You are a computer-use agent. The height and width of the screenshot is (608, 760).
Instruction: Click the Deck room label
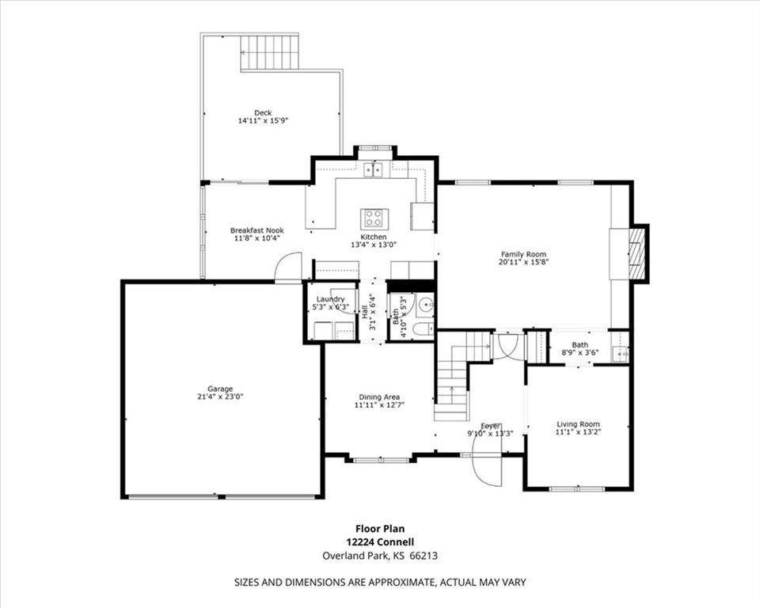coord(263,112)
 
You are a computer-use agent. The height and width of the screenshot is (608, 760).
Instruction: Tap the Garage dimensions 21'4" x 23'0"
coord(220,396)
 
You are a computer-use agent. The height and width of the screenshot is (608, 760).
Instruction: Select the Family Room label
coord(523,254)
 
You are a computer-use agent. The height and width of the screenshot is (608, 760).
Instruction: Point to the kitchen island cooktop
coord(374,218)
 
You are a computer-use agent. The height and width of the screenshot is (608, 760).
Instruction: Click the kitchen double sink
coord(373,169)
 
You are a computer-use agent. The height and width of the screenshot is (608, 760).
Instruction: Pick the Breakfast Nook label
coord(256,230)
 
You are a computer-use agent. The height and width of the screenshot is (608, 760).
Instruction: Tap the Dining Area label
coord(379,397)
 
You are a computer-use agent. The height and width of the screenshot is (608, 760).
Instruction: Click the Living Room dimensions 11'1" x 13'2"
coord(578,431)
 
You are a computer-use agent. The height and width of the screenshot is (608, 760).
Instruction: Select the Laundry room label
coord(331,299)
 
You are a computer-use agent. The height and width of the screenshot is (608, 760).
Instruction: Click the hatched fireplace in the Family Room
coord(638,253)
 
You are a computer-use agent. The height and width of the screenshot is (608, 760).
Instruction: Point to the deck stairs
coord(269,52)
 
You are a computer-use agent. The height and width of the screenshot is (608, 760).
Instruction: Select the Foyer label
coord(491,426)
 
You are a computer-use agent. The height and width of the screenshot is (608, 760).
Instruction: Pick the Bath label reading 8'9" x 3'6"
coord(580,348)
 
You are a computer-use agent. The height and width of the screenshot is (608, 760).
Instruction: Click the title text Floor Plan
coord(380,529)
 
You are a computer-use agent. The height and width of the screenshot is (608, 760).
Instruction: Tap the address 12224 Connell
coord(380,542)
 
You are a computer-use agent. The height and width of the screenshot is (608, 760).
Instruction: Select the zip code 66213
coord(424,556)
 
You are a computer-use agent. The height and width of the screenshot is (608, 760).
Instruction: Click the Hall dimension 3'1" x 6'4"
coord(373,312)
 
